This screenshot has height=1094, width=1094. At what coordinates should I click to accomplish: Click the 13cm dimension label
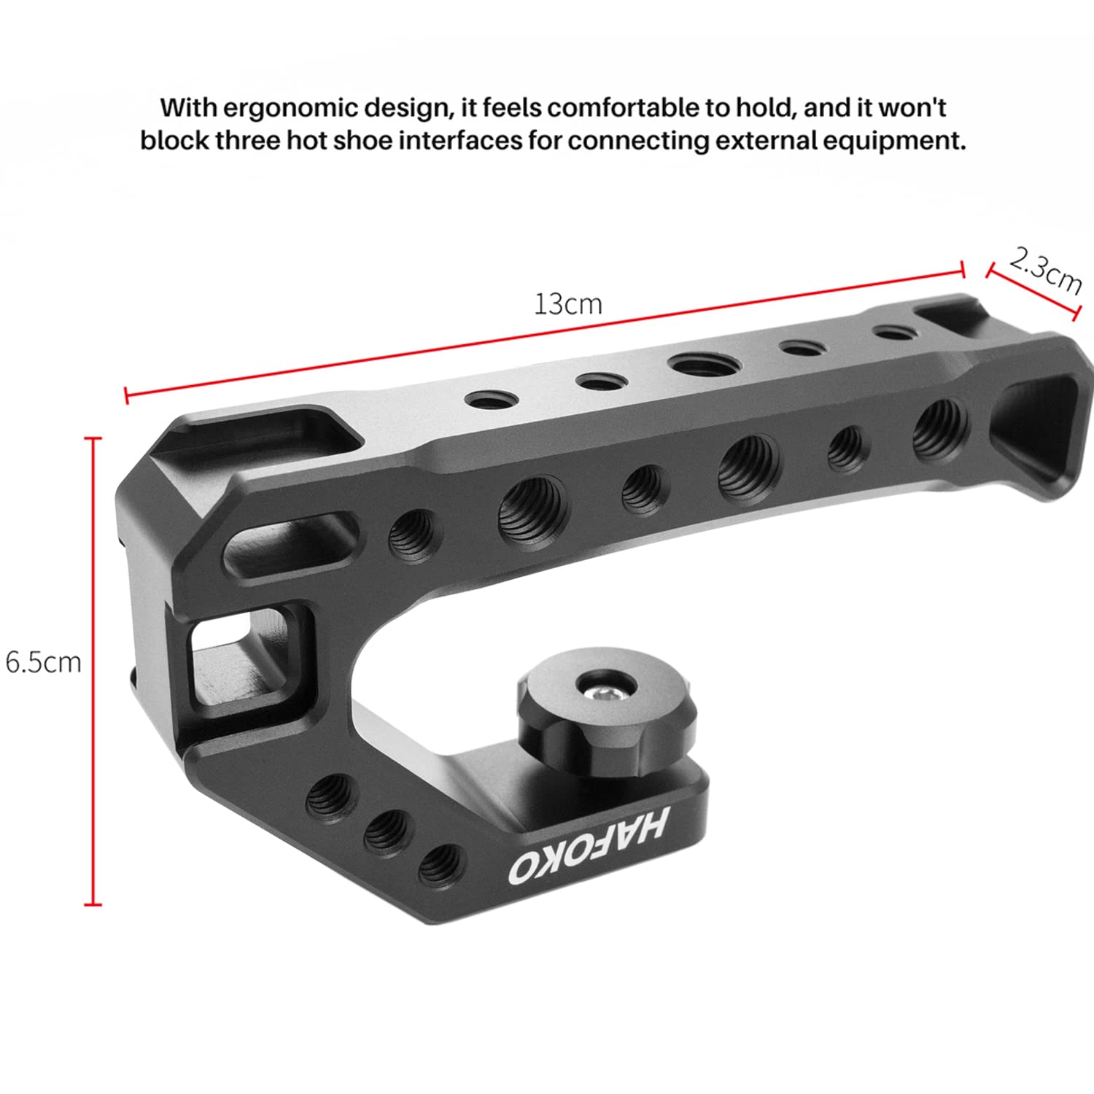point(568,303)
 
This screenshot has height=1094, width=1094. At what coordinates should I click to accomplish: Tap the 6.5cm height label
point(43,662)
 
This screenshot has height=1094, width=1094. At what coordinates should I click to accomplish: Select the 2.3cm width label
point(1044,271)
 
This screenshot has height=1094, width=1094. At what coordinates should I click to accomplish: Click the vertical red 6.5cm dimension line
point(93,671)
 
